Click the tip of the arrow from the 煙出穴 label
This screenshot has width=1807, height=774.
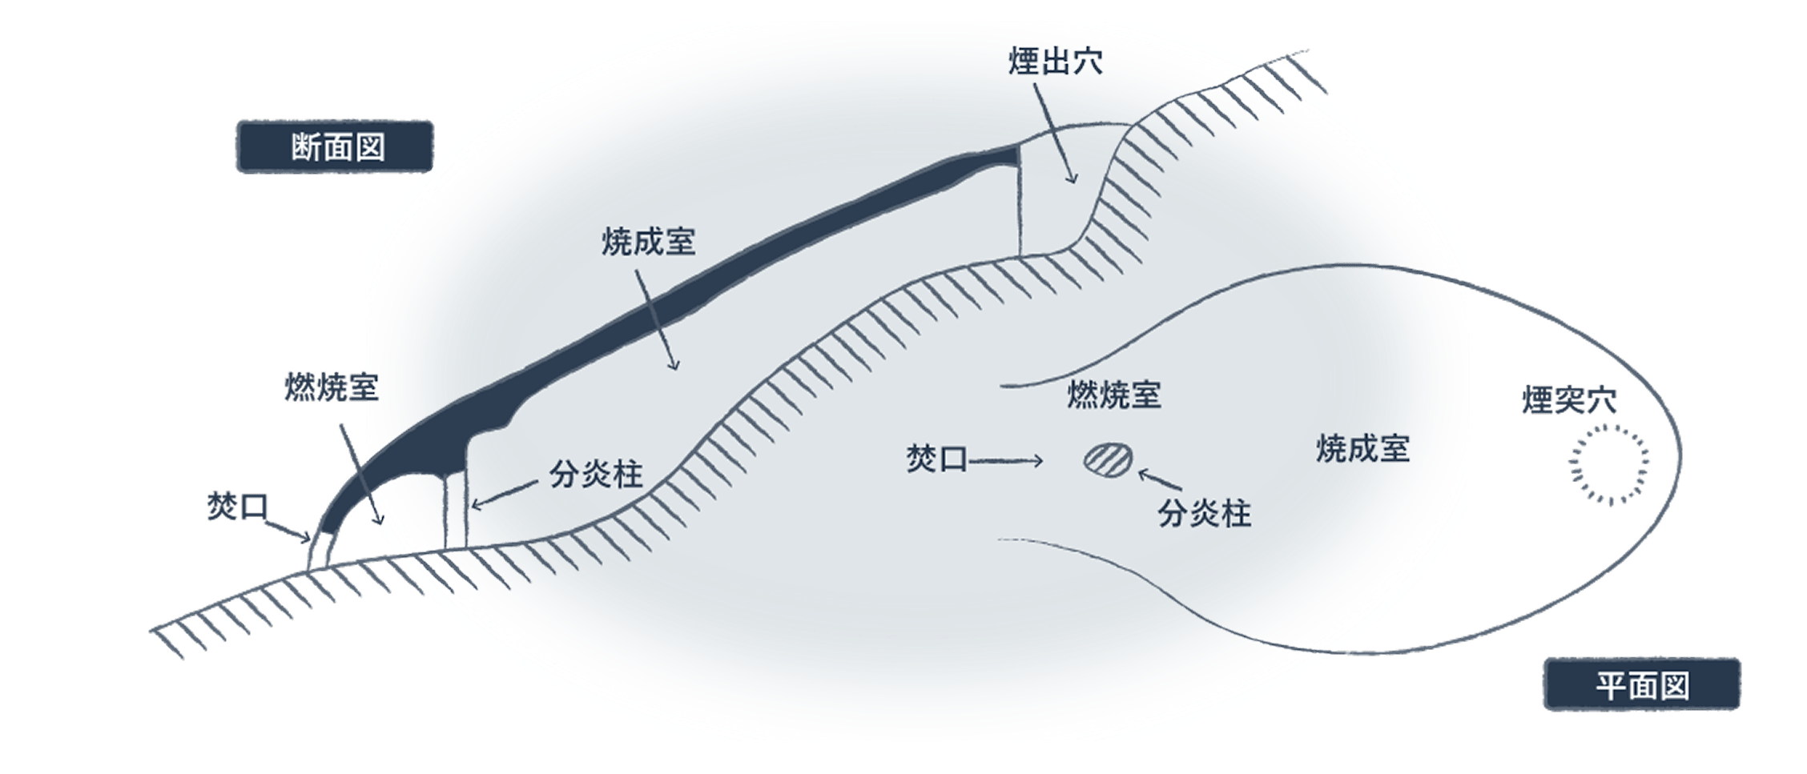coord(1073,183)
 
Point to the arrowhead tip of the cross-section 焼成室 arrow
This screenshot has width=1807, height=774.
coord(675,370)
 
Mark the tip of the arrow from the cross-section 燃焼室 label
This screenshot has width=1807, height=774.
coord(381,524)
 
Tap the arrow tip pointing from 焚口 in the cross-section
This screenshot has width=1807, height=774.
coord(310,540)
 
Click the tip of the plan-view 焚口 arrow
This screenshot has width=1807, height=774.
coord(1042,460)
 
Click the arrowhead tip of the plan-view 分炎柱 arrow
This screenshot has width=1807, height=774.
coord(1138,472)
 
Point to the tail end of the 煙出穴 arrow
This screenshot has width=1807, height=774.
coord(1034,84)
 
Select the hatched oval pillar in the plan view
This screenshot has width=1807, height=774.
coord(1109,459)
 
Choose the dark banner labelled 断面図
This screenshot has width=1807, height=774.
coord(335,147)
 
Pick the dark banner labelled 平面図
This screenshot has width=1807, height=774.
coord(1642,685)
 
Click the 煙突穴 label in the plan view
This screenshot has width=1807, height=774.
coord(1569,400)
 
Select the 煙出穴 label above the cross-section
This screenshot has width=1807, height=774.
coord(1056,62)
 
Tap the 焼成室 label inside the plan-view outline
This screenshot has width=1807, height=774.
coord(1362,448)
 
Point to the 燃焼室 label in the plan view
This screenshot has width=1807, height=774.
coord(1114,395)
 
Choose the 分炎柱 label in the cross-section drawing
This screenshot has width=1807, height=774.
coord(596,475)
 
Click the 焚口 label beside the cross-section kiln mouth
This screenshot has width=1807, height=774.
coord(238,507)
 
